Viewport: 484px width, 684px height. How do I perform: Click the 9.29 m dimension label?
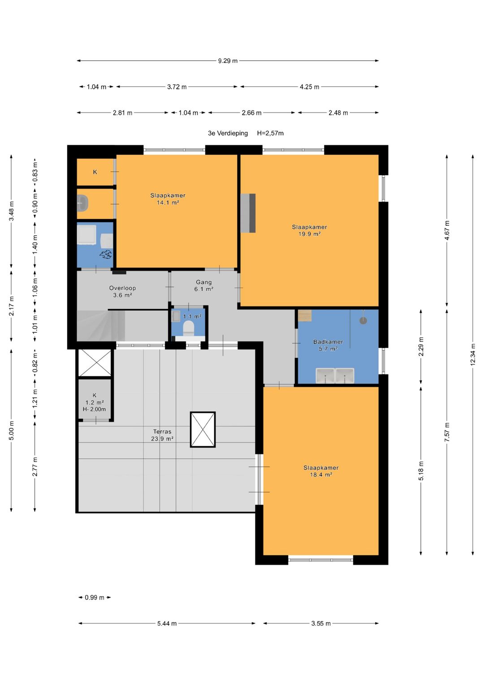tap(228, 61)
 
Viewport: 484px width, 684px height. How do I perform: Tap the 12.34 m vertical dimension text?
tap(473, 354)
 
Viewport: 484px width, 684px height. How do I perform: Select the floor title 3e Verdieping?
tap(228, 133)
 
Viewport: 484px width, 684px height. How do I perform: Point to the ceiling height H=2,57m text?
tap(270, 133)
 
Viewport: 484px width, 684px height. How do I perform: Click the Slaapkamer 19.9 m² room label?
tap(310, 230)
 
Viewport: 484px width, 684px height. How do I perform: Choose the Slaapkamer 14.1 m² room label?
tap(168, 199)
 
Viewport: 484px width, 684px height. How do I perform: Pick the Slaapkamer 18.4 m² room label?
tap(321, 471)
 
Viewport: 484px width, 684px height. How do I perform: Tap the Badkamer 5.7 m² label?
tap(328, 345)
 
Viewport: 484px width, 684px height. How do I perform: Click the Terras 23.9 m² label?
tap(162, 435)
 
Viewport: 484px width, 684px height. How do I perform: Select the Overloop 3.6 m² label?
tap(122, 291)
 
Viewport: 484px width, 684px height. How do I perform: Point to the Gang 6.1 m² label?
tap(204, 285)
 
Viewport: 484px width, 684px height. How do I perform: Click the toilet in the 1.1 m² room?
tap(189, 327)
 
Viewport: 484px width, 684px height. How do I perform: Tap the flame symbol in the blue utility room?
tap(105, 254)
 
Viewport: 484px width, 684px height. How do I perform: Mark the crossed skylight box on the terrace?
tap(203, 430)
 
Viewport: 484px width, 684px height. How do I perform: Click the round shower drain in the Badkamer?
tap(363, 320)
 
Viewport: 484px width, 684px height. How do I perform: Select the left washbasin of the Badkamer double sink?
tap(325, 375)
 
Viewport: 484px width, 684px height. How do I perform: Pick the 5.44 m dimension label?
tap(167, 624)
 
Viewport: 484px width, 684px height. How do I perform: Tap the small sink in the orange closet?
tap(82, 203)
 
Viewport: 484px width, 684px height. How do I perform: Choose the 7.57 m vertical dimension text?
tap(447, 432)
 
